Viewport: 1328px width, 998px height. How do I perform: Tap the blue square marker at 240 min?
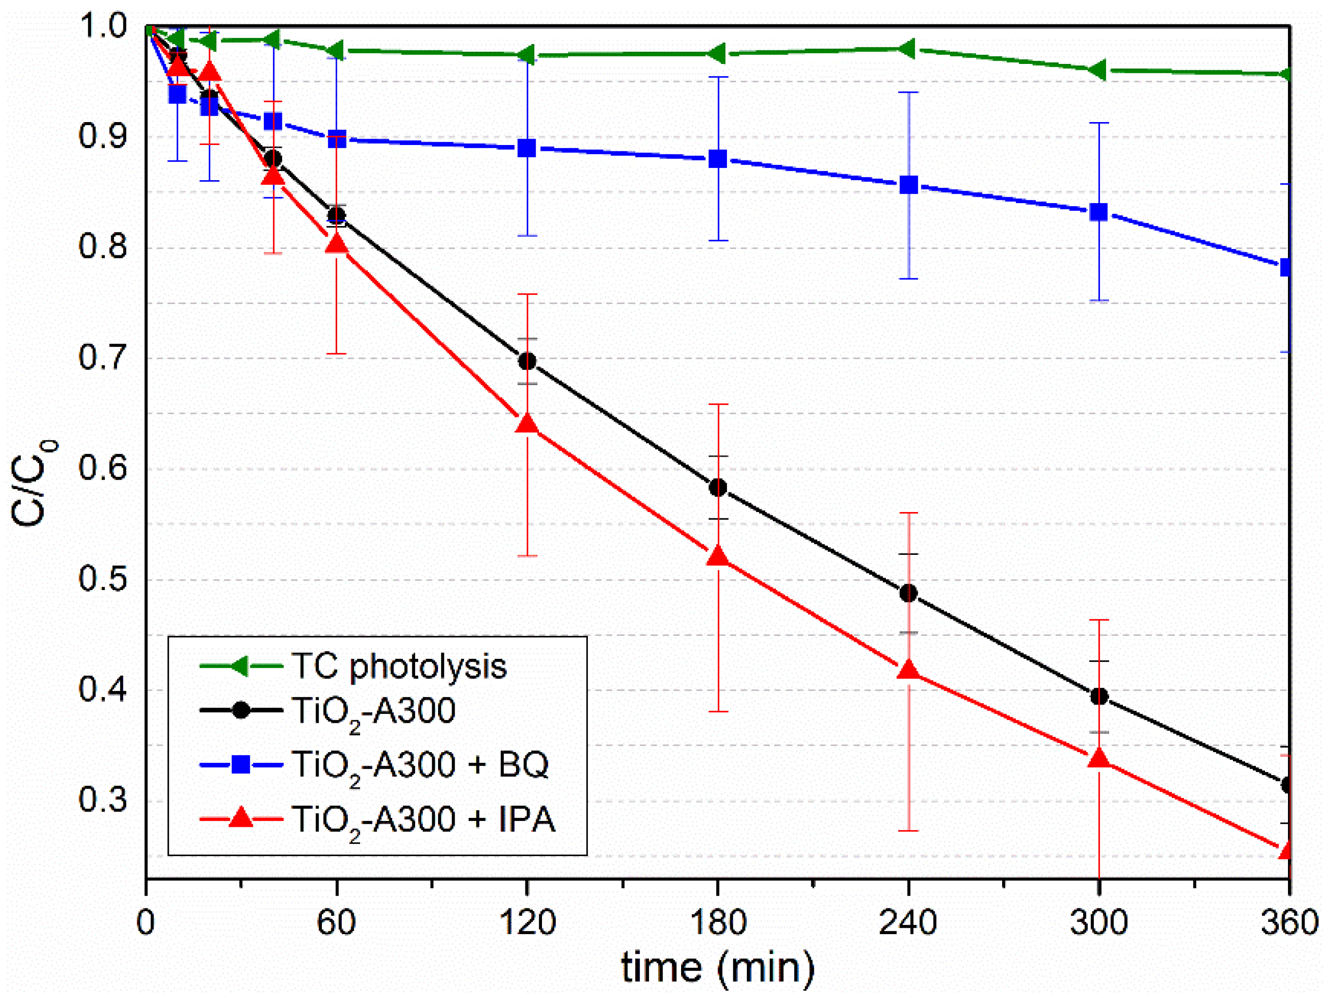[908, 185]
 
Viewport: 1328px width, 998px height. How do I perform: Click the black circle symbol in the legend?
[241, 710]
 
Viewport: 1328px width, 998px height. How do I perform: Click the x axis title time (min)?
[718, 968]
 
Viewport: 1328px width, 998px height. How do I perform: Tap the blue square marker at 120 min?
[527, 148]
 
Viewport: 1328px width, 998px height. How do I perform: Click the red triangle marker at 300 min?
[1099, 758]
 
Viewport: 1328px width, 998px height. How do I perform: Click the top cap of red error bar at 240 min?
[908, 513]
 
